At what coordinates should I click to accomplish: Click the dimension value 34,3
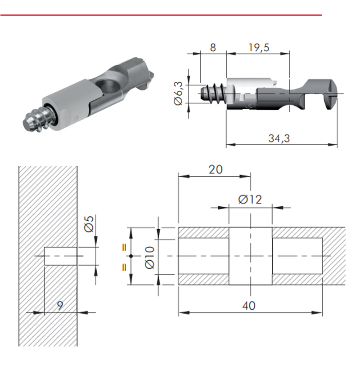coord(279,138)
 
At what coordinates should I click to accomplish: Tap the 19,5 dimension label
coord(259,48)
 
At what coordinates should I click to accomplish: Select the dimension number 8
coord(213,48)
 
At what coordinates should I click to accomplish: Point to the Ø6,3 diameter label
coord(178,94)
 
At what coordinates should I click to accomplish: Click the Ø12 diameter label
coord(250,200)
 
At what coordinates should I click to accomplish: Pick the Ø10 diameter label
coord(150,258)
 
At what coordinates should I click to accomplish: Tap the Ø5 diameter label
coord(89,224)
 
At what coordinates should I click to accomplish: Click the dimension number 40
coord(249,306)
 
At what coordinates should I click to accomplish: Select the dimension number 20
coord(216,169)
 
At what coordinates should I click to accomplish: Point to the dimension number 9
coord(60,305)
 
